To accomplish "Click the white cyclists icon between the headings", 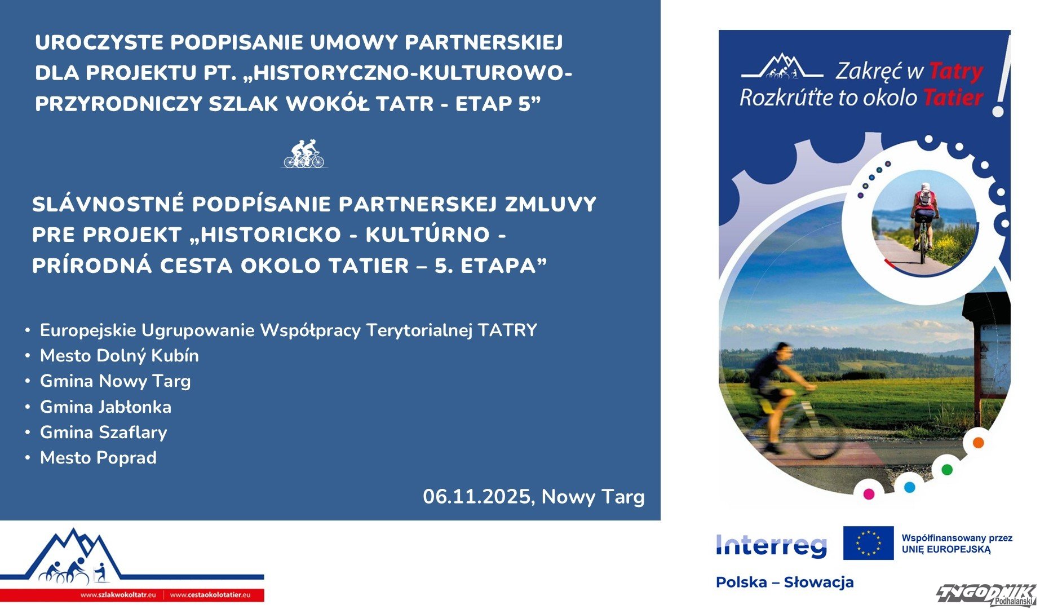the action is click(304, 154).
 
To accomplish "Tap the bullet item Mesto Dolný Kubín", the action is click(120, 356).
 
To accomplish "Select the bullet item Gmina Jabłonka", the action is click(105, 407).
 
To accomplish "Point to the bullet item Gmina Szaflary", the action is click(104, 433).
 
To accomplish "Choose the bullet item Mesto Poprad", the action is click(99, 458).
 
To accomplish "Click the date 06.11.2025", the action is click(479, 497).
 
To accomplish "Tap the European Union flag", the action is click(868, 543).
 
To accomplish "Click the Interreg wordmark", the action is click(771, 545).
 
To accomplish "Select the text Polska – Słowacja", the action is click(785, 582).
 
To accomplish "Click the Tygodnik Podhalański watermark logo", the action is click(986, 595).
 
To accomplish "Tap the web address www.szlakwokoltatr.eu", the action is click(118, 595).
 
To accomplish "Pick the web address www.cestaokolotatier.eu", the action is click(210, 595).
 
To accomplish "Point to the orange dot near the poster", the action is click(978, 443).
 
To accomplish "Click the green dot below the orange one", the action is click(947, 469).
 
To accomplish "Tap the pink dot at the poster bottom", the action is click(869, 494).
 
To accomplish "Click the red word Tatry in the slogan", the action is click(955, 72).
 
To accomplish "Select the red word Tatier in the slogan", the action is click(953, 98).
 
